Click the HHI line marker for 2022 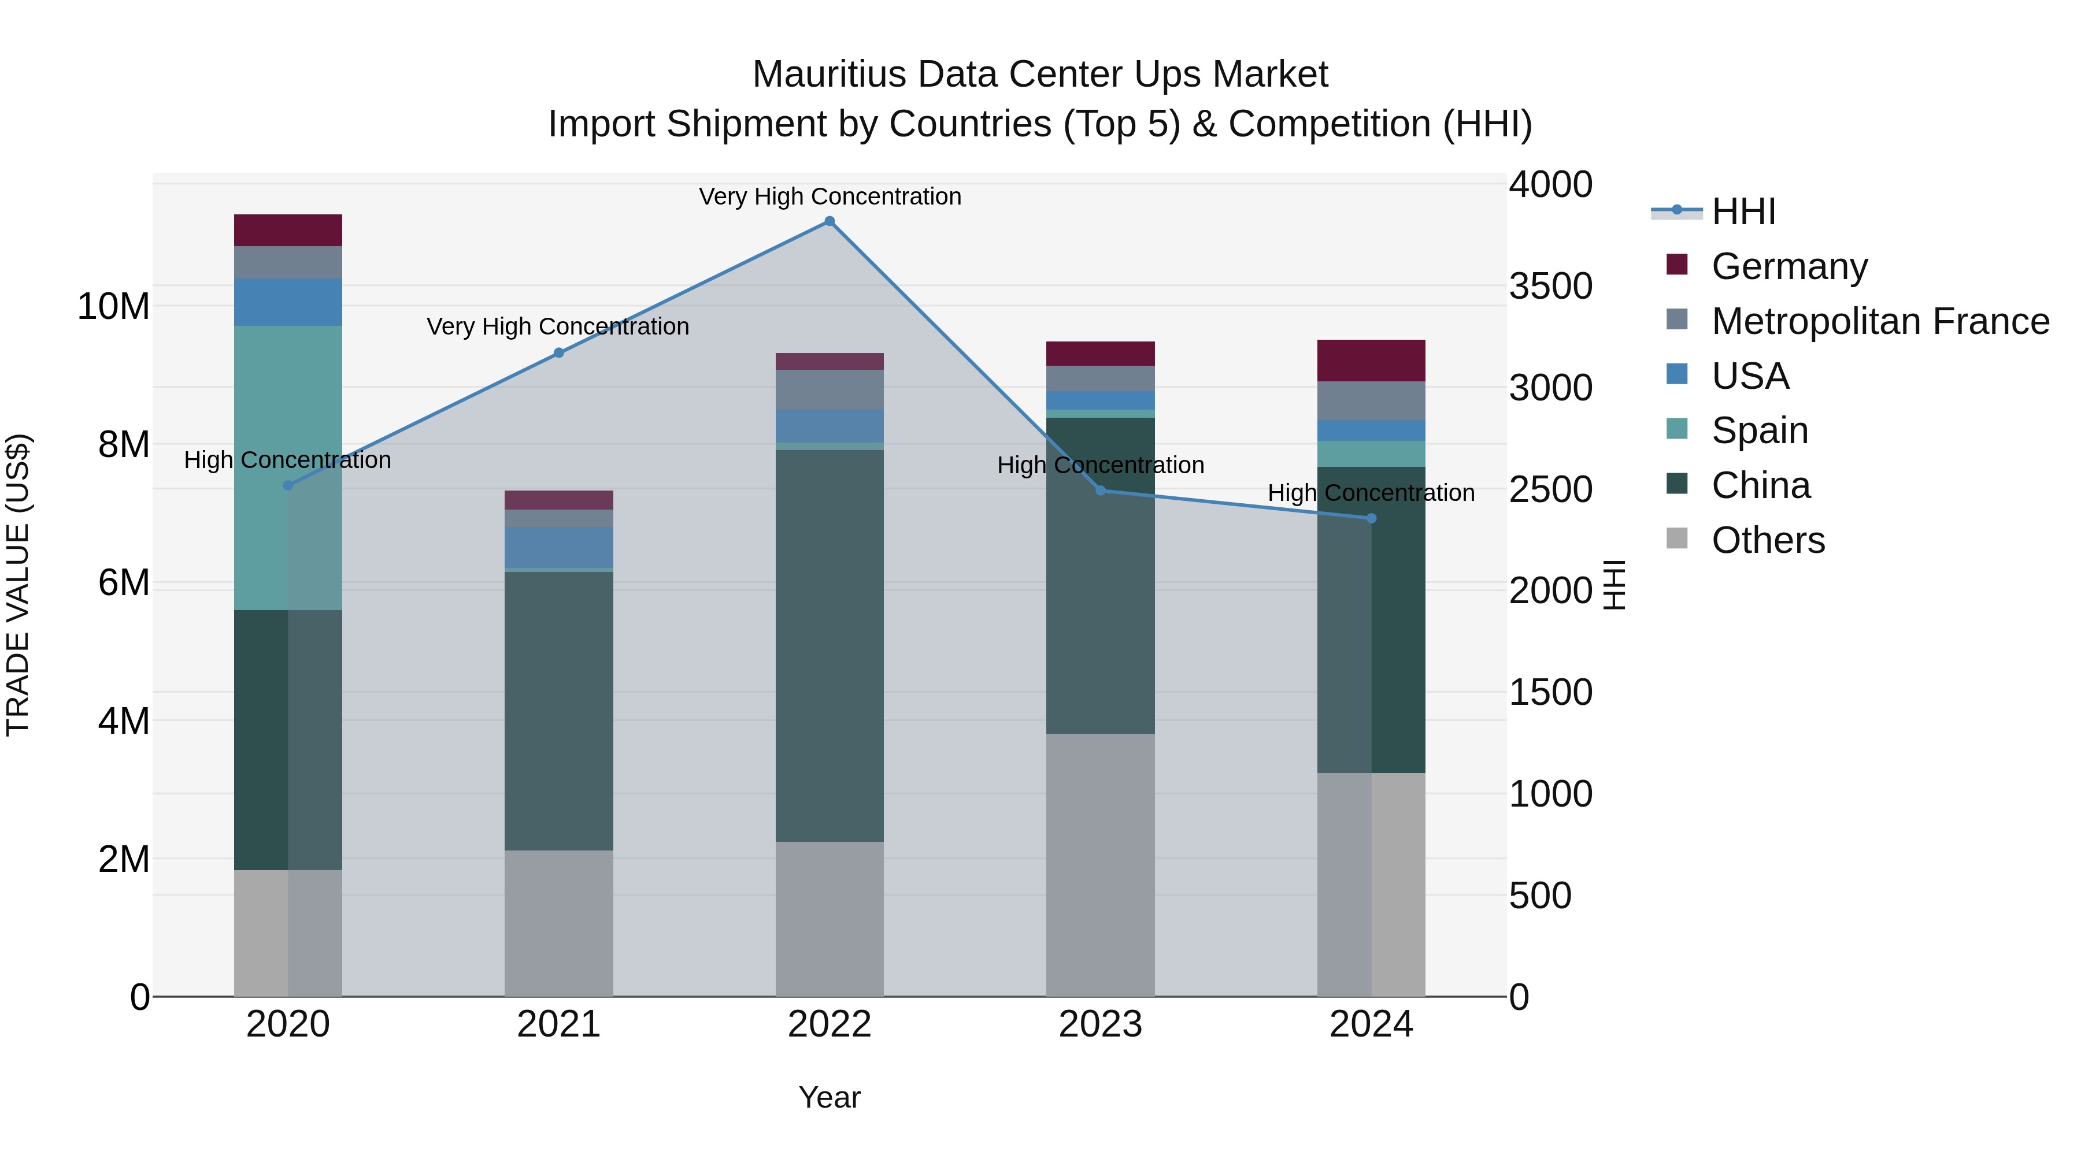pyautogui.click(x=829, y=221)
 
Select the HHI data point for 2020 pyautogui.click(x=288, y=485)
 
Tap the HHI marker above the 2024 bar pyautogui.click(x=1371, y=518)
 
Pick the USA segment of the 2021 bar pyautogui.click(x=558, y=548)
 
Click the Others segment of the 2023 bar pyautogui.click(x=1100, y=864)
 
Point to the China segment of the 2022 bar pyautogui.click(x=829, y=646)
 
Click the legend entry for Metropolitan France pyautogui.click(x=1880, y=321)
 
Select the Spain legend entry pyautogui.click(x=1760, y=430)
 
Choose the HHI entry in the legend pyautogui.click(x=1743, y=211)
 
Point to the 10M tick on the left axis pyautogui.click(x=113, y=307)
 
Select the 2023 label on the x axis pyautogui.click(x=1100, y=1024)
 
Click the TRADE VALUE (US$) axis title pyautogui.click(x=18, y=585)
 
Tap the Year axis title pyautogui.click(x=829, y=1097)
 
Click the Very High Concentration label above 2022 pyautogui.click(x=830, y=196)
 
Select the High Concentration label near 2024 pyautogui.click(x=1371, y=492)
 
